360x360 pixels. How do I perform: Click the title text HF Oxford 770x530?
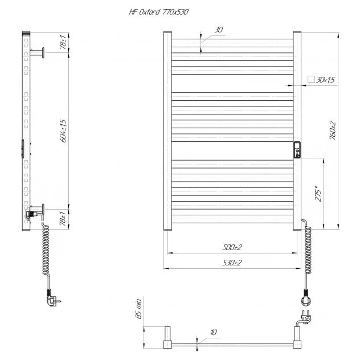[x=159, y=12]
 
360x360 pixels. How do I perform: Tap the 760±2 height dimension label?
[x=332, y=130]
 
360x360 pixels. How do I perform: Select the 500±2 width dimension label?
[x=232, y=247]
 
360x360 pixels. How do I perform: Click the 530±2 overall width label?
[x=232, y=263]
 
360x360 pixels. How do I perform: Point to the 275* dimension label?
[x=318, y=194]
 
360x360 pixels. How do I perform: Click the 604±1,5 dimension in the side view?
[x=63, y=130]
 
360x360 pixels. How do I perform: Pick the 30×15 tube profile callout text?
[x=325, y=80]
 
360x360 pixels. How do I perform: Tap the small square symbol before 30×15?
[x=311, y=79]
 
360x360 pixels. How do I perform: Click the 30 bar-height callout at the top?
[x=219, y=30]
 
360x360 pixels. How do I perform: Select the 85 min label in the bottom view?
[x=138, y=309]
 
